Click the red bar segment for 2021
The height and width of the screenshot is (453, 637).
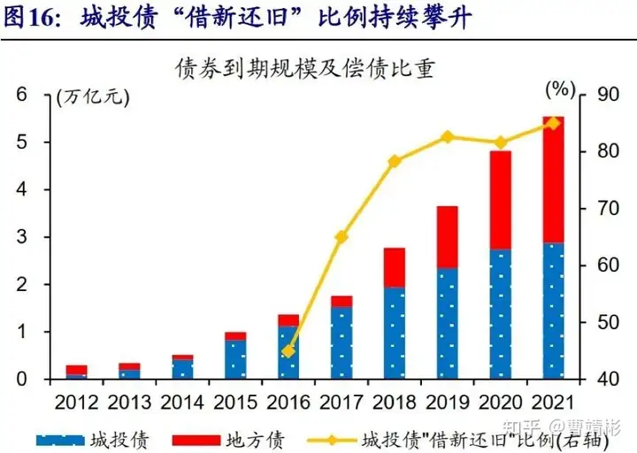[x=554, y=180]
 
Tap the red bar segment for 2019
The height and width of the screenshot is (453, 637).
[x=447, y=237]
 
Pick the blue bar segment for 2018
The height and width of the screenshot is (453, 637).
[x=395, y=333]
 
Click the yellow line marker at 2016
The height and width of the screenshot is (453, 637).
[x=288, y=351]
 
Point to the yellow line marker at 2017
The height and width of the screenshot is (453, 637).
[x=342, y=237]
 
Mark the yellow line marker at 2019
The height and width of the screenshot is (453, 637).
[x=447, y=136]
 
